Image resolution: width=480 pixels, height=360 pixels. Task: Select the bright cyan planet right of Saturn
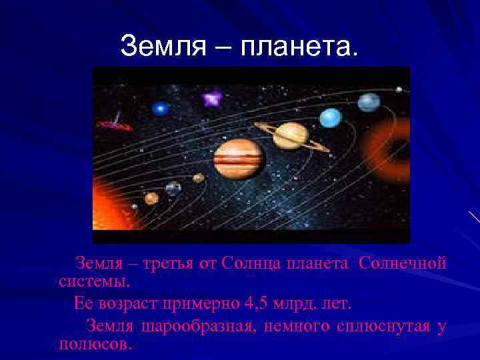click(330, 118)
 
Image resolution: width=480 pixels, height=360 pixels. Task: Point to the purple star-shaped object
click(212, 100)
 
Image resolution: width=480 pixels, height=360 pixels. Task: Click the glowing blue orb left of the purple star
click(160, 107)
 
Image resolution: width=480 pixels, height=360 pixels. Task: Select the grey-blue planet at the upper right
click(369, 102)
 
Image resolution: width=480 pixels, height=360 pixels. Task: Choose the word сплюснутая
click(371, 327)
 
